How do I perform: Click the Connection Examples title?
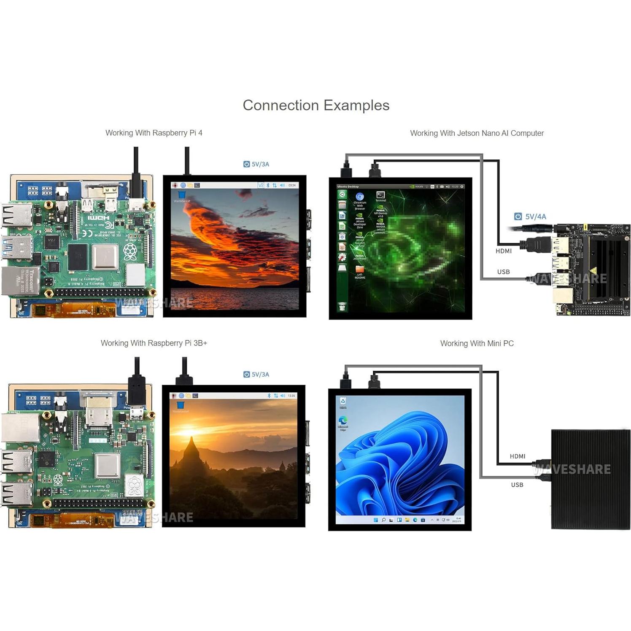pyautogui.click(x=316, y=105)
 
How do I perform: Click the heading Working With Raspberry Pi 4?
pyautogui.click(x=154, y=133)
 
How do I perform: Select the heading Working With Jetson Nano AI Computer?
pyautogui.click(x=477, y=133)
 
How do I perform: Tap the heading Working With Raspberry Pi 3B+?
pyautogui.click(x=154, y=343)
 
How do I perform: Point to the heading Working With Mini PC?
pyautogui.click(x=477, y=343)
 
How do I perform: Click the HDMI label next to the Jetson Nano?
pyautogui.click(x=504, y=251)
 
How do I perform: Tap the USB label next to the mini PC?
pyautogui.click(x=517, y=485)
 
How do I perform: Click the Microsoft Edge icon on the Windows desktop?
pyautogui.click(x=343, y=421)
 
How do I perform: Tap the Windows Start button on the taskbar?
pyautogui.click(x=375, y=520)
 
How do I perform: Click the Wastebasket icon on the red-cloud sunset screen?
pyautogui.click(x=182, y=195)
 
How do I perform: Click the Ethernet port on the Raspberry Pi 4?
pyautogui.click(x=20, y=280)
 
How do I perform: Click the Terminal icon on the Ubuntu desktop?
pyautogui.click(x=380, y=195)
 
